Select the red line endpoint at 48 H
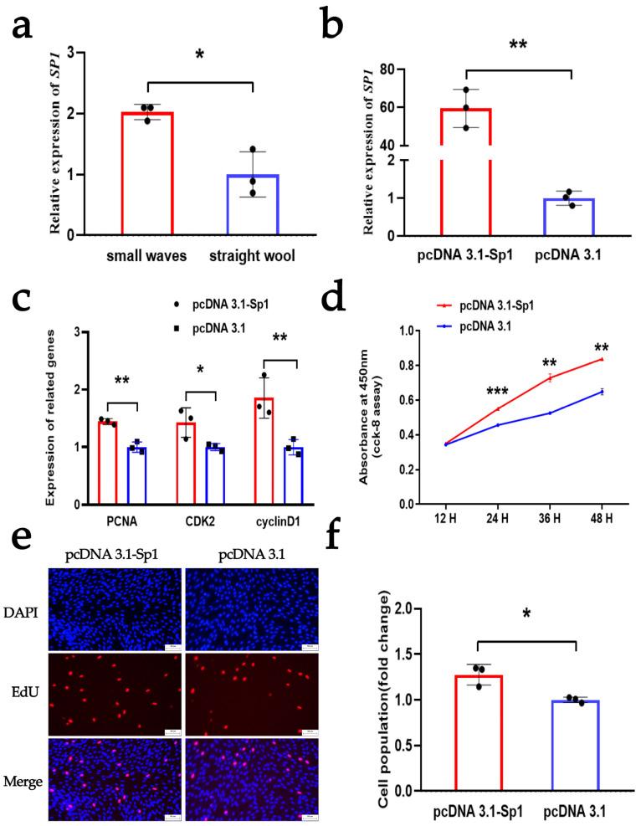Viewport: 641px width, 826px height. point(601,359)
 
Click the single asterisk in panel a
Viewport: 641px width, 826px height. point(200,54)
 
